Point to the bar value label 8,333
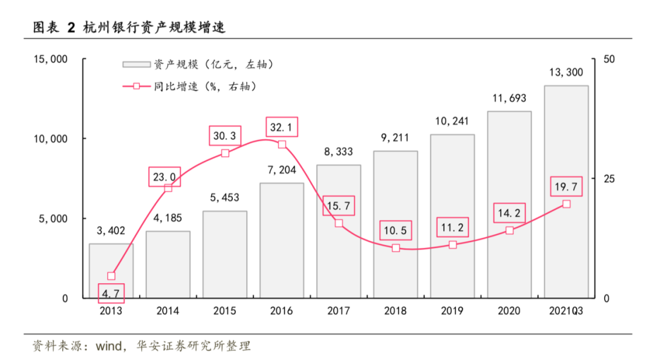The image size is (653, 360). [339, 152]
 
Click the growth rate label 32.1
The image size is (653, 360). [282, 127]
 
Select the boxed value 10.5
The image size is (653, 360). [395, 231]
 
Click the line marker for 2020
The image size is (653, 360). [509, 231]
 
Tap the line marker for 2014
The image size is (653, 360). [168, 188]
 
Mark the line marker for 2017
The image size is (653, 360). [339, 223]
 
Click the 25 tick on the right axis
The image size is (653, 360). [609, 178]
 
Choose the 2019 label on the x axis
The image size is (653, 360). [452, 312]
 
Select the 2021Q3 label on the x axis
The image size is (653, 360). [566, 312]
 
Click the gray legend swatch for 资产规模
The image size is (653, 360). [136, 64]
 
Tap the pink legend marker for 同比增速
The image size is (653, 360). [137, 87]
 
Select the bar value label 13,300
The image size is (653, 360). [566, 73]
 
